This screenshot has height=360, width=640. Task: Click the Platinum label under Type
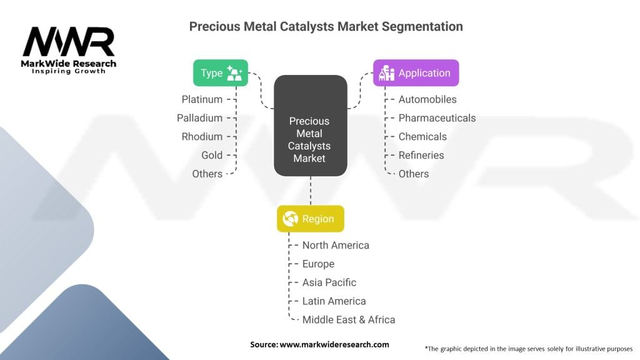coord(202,99)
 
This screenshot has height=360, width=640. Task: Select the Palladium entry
coord(199,118)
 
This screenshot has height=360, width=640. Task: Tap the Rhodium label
coord(202,137)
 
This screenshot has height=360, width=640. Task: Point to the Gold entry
coord(212,155)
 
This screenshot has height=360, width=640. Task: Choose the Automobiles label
coord(427,99)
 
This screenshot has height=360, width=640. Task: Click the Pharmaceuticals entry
coord(437,118)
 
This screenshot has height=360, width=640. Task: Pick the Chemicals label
coord(422,137)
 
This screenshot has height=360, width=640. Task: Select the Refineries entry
coord(421,155)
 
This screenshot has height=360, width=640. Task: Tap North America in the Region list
coord(336,245)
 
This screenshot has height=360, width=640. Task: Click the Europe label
coord(318,264)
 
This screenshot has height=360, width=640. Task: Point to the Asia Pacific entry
coord(329,282)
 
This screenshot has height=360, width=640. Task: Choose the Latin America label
coord(334,301)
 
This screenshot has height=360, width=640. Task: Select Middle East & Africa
coord(349,320)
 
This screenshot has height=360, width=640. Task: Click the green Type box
coord(220,73)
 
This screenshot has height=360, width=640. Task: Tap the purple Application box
coord(416,73)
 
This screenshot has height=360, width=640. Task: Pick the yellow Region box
coord(310,219)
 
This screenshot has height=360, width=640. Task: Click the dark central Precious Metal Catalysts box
coord(310,125)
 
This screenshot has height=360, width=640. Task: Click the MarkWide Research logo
coord(69,50)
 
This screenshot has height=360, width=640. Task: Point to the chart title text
coord(326,26)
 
